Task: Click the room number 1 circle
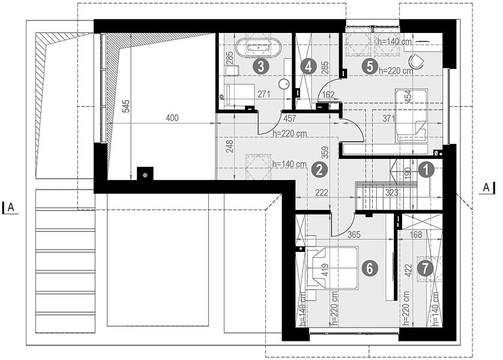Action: pos(426,170)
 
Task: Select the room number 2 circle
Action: pos(319,170)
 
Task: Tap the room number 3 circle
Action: pos(261,67)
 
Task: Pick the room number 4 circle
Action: pos(309,67)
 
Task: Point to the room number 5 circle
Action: pos(370,67)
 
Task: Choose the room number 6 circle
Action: pos(370,268)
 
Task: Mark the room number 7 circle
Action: pos(425,268)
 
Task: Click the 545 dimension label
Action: pos(127,106)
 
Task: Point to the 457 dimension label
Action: pos(290,119)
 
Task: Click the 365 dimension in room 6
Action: pos(354,235)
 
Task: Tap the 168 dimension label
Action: pos(416,235)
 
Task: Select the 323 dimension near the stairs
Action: pos(392,193)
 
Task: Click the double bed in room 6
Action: pos(333,268)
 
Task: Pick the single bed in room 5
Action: pos(411,115)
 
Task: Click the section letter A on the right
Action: pos(486,188)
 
